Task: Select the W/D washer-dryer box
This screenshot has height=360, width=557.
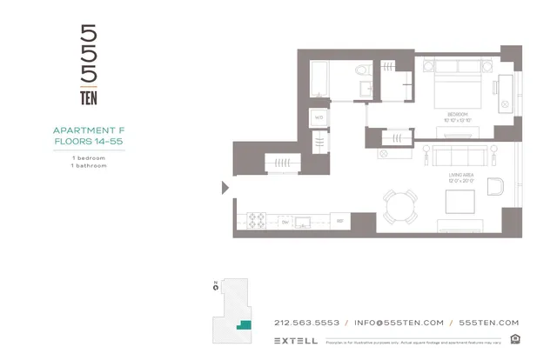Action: coord(319,117)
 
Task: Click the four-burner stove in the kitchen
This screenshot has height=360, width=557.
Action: coord(257,221)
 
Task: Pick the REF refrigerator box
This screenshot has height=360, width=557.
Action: coord(340,221)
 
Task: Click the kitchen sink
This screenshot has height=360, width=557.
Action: coord(304,221)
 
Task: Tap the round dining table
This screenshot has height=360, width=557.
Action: coord(399,205)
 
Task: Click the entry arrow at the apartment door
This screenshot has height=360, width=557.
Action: coord(225,187)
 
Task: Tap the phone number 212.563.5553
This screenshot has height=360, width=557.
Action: coord(306,323)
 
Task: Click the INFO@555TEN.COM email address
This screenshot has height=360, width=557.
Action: coord(399,323)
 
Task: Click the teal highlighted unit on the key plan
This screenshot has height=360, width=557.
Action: coord(245,324)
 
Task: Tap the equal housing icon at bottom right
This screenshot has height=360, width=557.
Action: coord(515,339)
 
